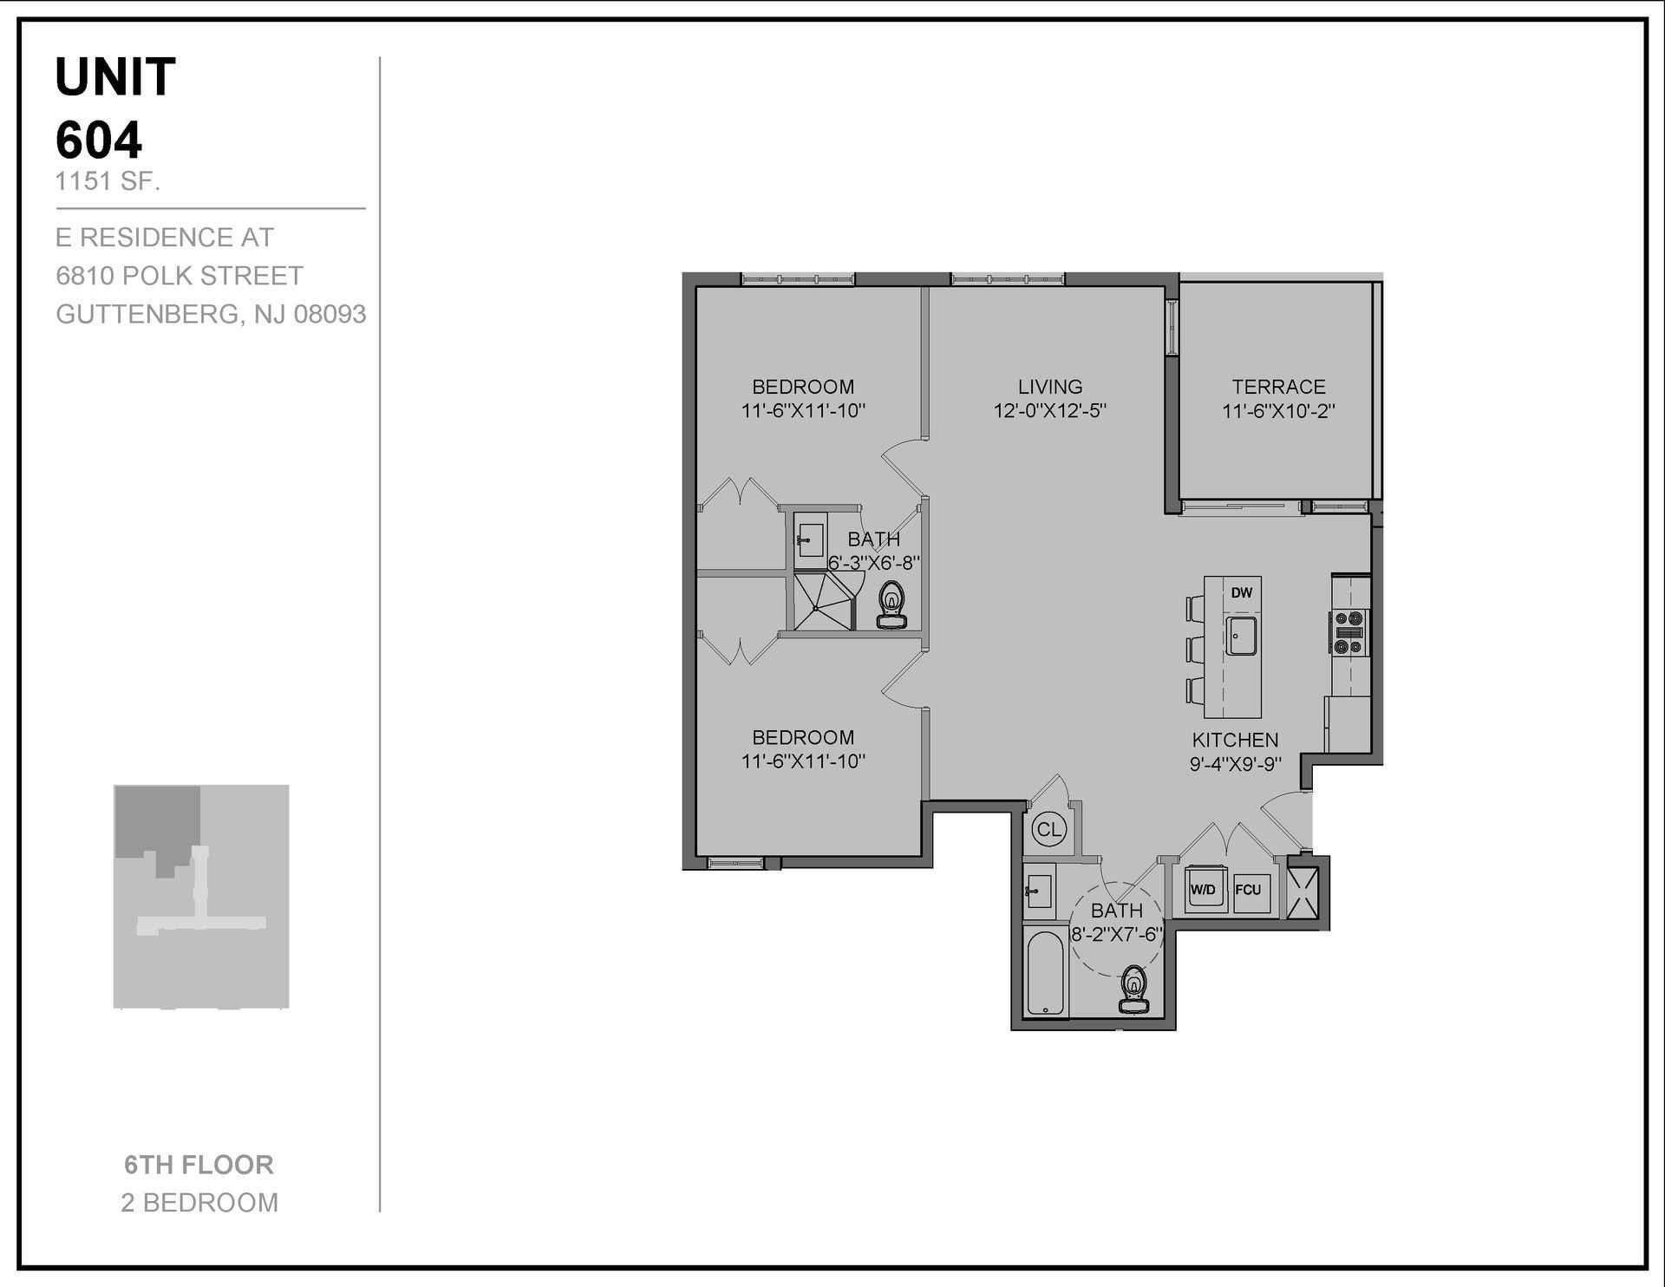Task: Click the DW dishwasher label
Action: point(1242,593)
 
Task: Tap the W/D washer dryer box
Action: point(1203,890)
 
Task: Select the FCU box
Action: point(1248,890)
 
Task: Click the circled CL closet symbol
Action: point(1048,829)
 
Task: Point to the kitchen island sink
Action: point(1242,636)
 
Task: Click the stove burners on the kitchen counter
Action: point(1349,632)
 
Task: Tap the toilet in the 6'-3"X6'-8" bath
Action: point(891,604)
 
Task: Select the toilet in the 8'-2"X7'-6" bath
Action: point(1133,990)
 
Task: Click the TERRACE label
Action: point(1278,387)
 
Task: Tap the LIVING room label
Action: point(1050,387)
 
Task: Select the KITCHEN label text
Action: point(1235,740)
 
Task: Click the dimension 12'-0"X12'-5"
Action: point(1050,410)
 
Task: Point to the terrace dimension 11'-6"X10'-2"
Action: point(1278,411)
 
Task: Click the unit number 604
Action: point(99,140)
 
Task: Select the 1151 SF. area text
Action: point(108,182)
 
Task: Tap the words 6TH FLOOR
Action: point(199,1165)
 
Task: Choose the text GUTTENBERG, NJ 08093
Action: point(211,314)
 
